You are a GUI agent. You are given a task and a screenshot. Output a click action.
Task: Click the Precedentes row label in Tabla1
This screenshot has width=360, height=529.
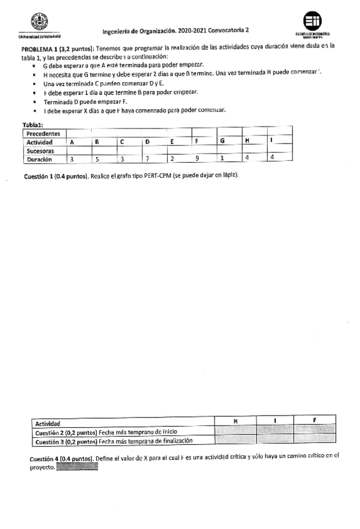click(44, 133)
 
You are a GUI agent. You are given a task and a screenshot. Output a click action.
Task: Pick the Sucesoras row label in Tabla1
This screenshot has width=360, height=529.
click(41, 150)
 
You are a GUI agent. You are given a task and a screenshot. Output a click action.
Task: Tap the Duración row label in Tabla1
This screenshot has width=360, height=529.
click(39, 159)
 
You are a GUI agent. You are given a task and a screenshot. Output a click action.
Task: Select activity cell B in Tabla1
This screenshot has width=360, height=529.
click(97, 142)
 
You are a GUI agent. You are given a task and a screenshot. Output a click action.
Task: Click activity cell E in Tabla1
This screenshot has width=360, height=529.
click(172, 142)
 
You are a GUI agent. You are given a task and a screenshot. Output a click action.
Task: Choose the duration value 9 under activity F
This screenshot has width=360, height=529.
click(197, 159)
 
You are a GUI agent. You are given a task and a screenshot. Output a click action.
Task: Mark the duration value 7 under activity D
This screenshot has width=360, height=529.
click(147, 159)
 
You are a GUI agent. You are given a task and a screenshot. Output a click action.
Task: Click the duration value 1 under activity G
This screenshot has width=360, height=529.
click(222, 158)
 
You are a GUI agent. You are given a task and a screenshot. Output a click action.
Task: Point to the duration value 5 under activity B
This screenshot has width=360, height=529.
click(97, 159)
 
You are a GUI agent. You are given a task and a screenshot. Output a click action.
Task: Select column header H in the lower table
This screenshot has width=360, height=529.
click(235, 422)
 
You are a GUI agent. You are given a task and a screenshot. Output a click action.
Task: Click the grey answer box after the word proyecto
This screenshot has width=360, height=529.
click(77, 467)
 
